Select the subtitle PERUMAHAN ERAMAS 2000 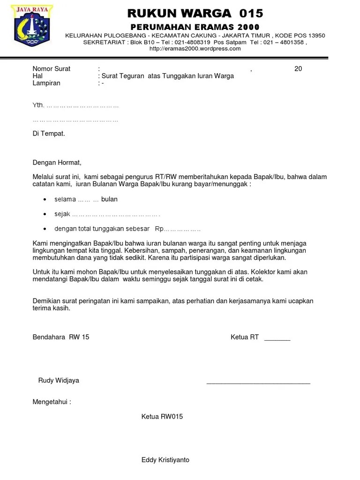195,27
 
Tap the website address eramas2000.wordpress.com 195,48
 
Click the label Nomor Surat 52,69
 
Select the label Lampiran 46,83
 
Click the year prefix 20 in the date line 298,69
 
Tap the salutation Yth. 38,106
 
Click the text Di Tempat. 49,134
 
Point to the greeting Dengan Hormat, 57,163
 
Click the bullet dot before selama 45,200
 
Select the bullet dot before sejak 45,214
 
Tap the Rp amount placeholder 178,229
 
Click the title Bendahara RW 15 61,337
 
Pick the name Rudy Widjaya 59,380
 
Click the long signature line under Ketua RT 258,383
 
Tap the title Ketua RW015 162,416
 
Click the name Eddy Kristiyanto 165,460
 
